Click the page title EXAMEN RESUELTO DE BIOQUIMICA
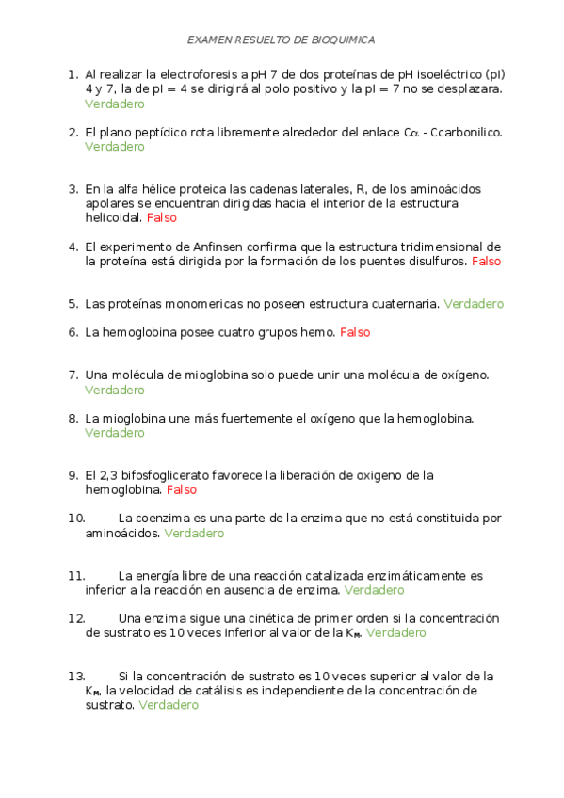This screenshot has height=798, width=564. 282,40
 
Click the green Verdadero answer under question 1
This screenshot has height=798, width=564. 114,104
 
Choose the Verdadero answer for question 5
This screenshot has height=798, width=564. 473,304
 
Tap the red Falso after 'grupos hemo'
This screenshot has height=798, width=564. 355,332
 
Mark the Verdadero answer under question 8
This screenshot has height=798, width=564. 114,433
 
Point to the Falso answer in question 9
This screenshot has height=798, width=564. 182,490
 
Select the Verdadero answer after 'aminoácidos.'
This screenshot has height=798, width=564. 194,533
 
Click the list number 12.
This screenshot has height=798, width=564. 76,618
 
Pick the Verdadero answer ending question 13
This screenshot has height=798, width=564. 169,705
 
